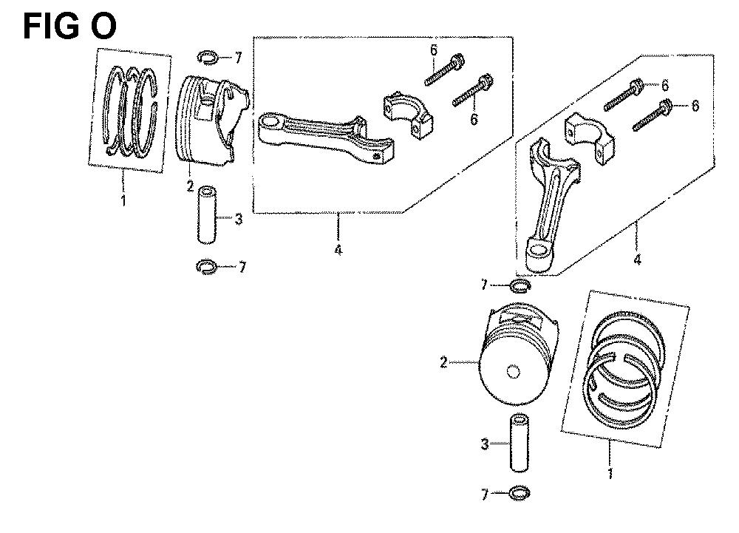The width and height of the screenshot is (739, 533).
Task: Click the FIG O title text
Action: click(69, 27)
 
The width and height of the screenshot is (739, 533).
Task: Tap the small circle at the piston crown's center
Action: click(514, 371)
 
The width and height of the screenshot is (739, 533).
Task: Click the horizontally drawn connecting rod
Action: click(327, 137)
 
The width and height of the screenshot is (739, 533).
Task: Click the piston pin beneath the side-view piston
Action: click(206, 215)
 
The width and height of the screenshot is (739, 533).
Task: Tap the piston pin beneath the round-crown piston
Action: click(519, 442)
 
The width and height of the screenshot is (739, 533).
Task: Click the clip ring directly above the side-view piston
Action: click(208, 58)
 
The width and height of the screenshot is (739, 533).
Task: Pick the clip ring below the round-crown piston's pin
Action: click(520, 493)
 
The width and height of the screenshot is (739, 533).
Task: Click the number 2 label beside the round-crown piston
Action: click(443, 362)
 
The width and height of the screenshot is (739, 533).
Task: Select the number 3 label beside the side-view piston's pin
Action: click(239, 219)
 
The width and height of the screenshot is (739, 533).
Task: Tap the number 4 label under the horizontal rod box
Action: click(338, 249)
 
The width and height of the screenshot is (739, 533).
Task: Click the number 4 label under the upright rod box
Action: click(638, 259)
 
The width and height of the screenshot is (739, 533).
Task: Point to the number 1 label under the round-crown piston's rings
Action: click(610, 473)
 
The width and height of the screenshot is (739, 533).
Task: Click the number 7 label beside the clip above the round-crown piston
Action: click(484, 285)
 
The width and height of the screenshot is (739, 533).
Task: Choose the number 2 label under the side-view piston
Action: click(190, 186)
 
